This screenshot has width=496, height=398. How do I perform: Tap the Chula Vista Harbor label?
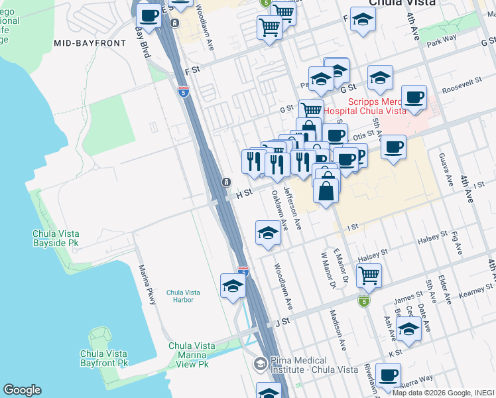click(x=180, y=296)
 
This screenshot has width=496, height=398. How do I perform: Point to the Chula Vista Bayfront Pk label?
click(x=104, y=358)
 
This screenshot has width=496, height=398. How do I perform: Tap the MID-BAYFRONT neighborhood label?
click(x=90, y=42)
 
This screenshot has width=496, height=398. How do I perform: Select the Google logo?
click(x=22, y=390)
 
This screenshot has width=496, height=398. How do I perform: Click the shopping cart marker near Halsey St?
click(x=368, y=274)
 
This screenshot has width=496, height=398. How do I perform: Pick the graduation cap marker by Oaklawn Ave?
click(x=268, y=233)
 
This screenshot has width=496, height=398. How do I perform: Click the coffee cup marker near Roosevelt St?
click(x=414, y=98)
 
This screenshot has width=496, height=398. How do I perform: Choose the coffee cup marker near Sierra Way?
click(x=388, y=375)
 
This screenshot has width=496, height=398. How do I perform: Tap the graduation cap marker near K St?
click(x=408, y=329)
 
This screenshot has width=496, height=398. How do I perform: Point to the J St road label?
click(x=283, y=321)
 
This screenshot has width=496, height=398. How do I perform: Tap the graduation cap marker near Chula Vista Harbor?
click(x=233, y=286)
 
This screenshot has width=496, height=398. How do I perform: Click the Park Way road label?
click(x=442, y=40)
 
